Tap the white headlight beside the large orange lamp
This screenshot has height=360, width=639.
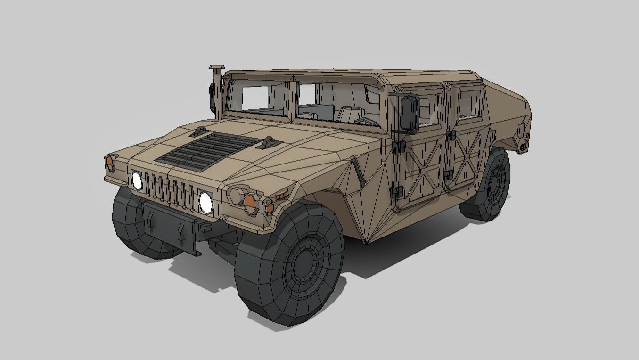[x=205, y=202]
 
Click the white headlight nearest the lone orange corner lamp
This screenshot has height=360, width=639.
[x=137, y=180]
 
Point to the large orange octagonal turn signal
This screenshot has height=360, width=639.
[x=250, y=201]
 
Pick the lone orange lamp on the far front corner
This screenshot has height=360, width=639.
[x=110, y=163]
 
